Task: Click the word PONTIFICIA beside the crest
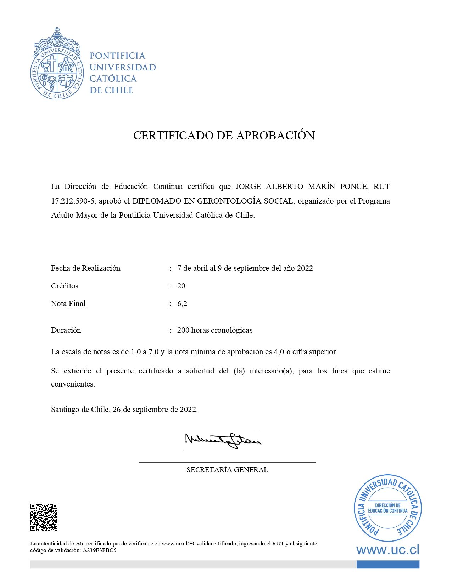pyautogui.click(x=117, y=56)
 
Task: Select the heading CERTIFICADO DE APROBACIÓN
pyautogui.click(x=224, y=136)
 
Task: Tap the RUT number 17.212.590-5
pyautogui.click(x=73, y=201)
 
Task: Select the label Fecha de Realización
pyautogui.click(x=85, y=268)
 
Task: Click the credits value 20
pyautogui.click(x=181, y=286)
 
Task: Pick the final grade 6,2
pyautogui.click(x=182, y=304)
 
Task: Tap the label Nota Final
pyautogui.click(x=68, y=304)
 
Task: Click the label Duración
pyautogui.click(x=66, y=330)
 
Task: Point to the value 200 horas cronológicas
pyautogui.click(x=215, y=330)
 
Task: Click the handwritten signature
pyautogui.click(x=223, y=441)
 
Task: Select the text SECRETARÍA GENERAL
pyautogui.click(x=227, y=470)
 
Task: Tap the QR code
pyautogui.click(x=44, y=517)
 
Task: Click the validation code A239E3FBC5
pyautogui.click(x=99, y=550)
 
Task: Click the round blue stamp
pyautogui.click(x=387, y=508)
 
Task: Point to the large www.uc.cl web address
pyautogui.click(x=387, y=550)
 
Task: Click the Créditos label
pyautogui.click(x=65, y=286)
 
